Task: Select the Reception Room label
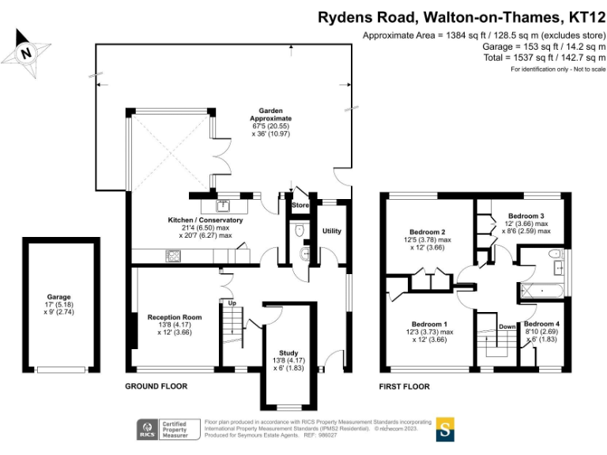pyautogui.click(x=175, y=317)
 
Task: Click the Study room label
pyautogui.click(x=288, y=353)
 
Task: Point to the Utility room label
pyautogui.click(x=332, y=231)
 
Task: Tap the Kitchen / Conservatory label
pyautogui.click(x=205, y=220)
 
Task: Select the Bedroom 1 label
pyautogui.click(x=428, y=324)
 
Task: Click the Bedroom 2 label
pyautogui.click(x=427, y=231)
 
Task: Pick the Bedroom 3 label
pyautogui.click(x=526, y=216)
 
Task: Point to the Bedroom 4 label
pyautogui.click(x=541, y=324)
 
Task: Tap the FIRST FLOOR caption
pyautogui.click(x=404, y=386)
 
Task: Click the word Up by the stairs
pyautogui.click(x=232, y=303)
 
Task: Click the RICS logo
pyautogui.click(x=146, y=429)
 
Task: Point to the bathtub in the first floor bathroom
pyautogui.click(x=543, y=291)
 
